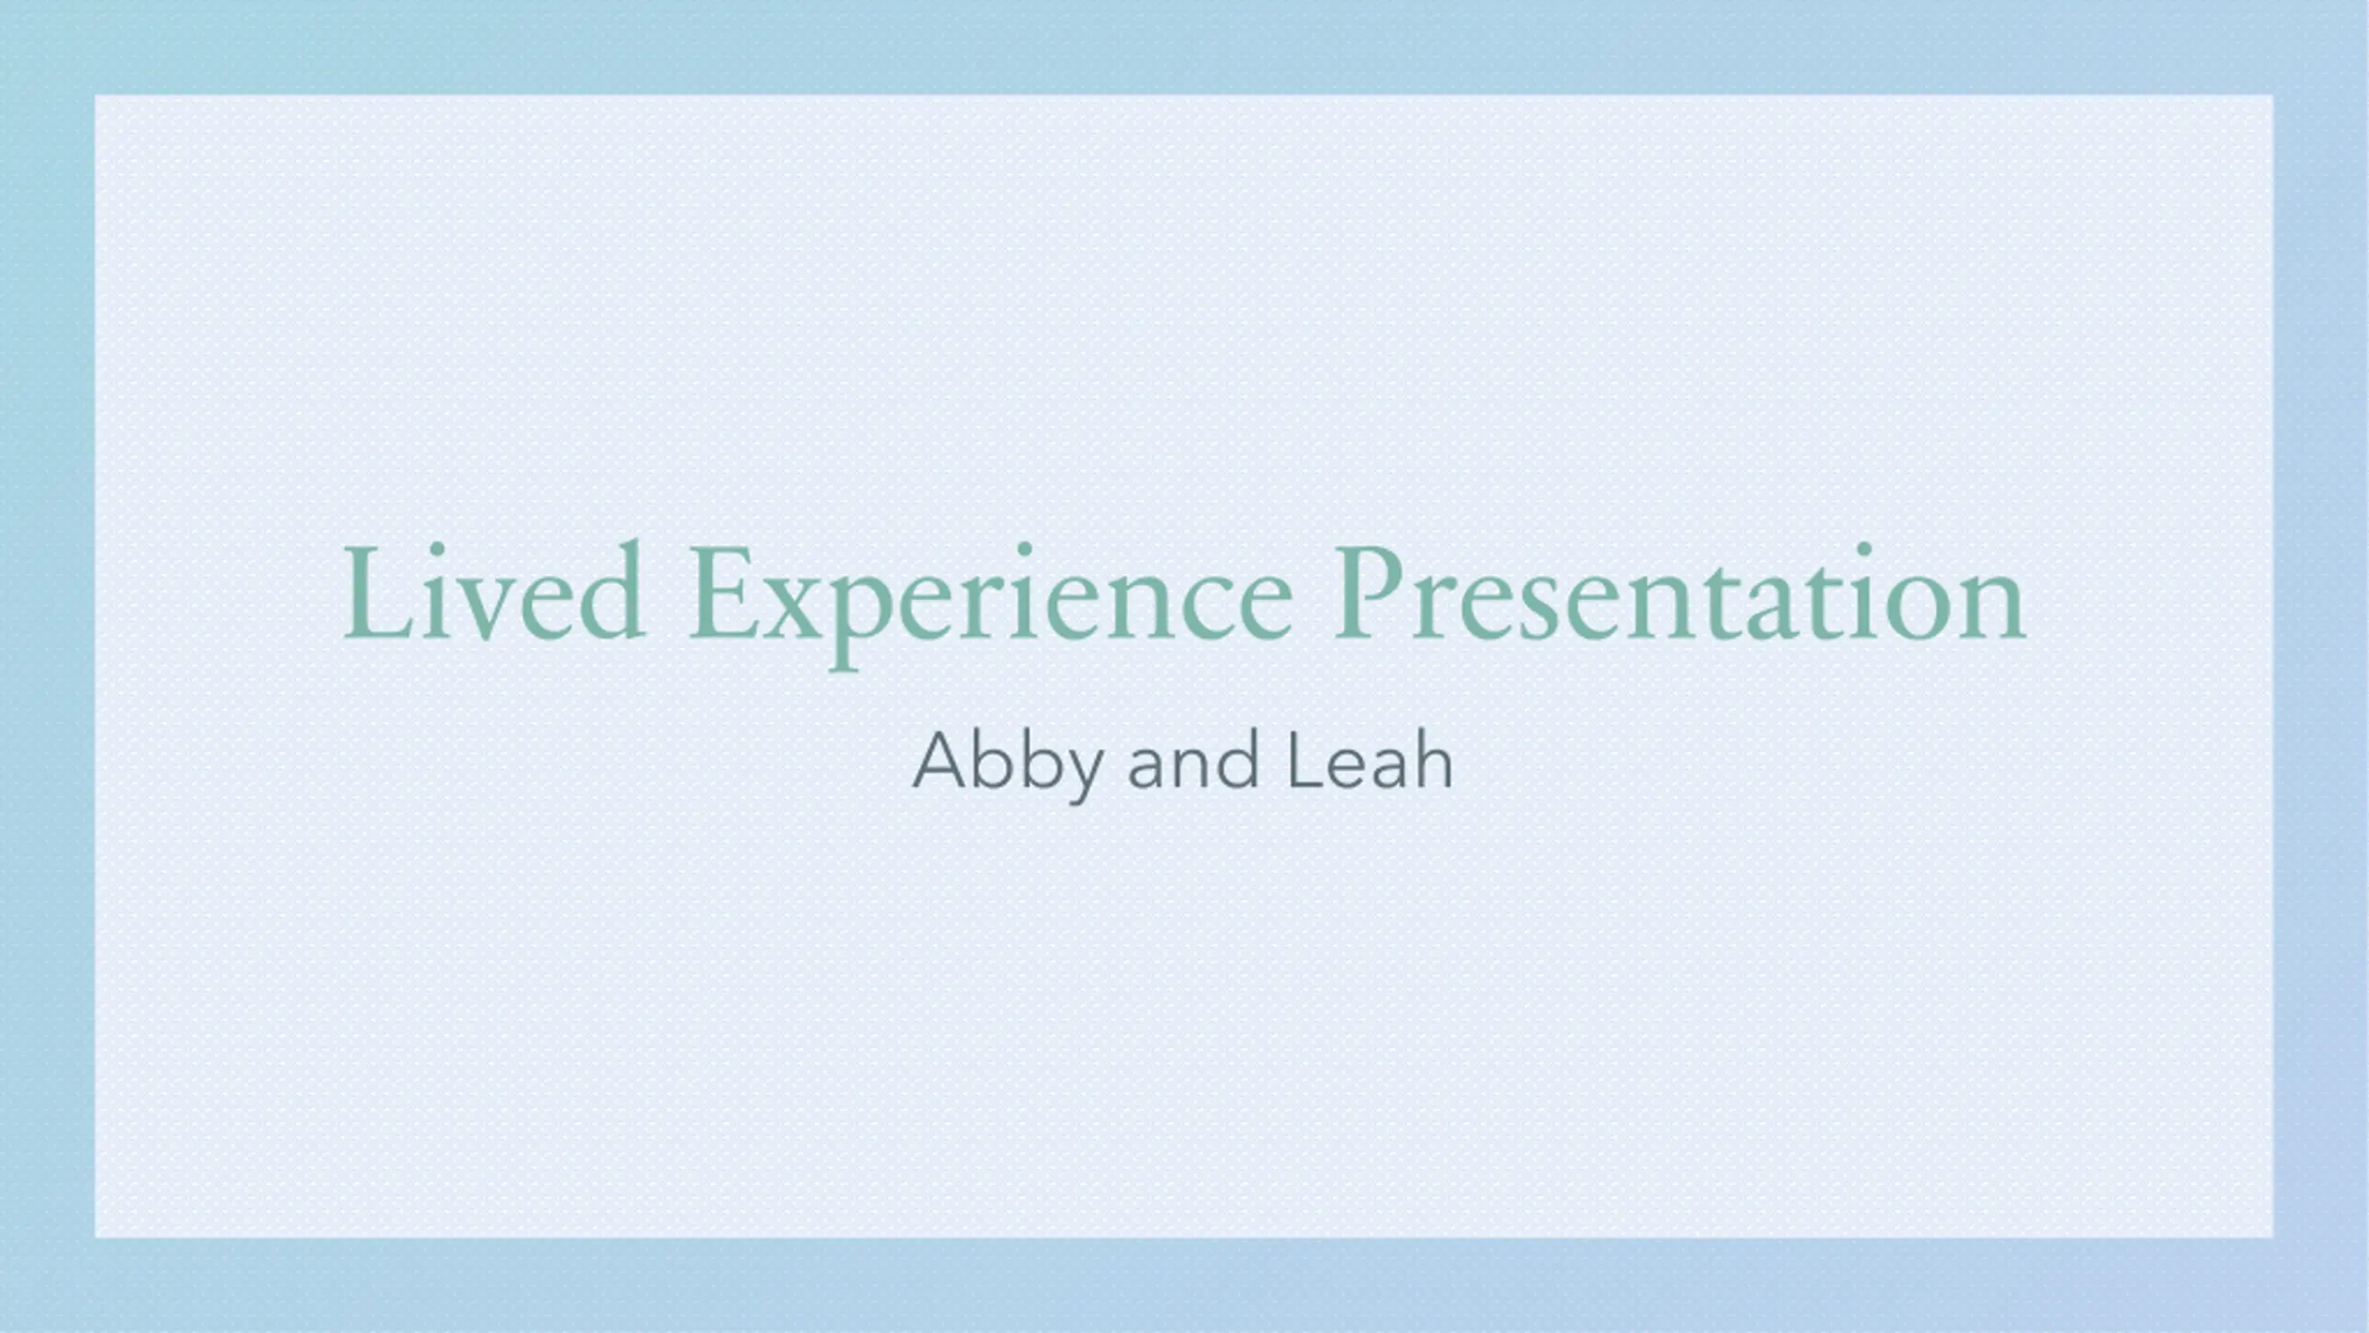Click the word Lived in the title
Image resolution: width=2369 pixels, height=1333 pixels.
pos(493,592)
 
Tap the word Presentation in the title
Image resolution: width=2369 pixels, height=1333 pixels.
pos(1680,593)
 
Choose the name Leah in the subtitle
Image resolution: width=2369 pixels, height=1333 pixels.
pos(1370,760)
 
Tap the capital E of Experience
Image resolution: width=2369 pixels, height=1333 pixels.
pos(726,593)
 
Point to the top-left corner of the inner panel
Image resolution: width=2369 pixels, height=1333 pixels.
pos(95,95)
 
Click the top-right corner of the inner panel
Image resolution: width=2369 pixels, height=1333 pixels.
pos(2273,95)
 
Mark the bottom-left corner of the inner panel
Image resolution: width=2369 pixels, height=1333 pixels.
pos(95,1237)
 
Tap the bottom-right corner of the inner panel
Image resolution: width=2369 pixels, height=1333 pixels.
pos(2273,1237)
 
